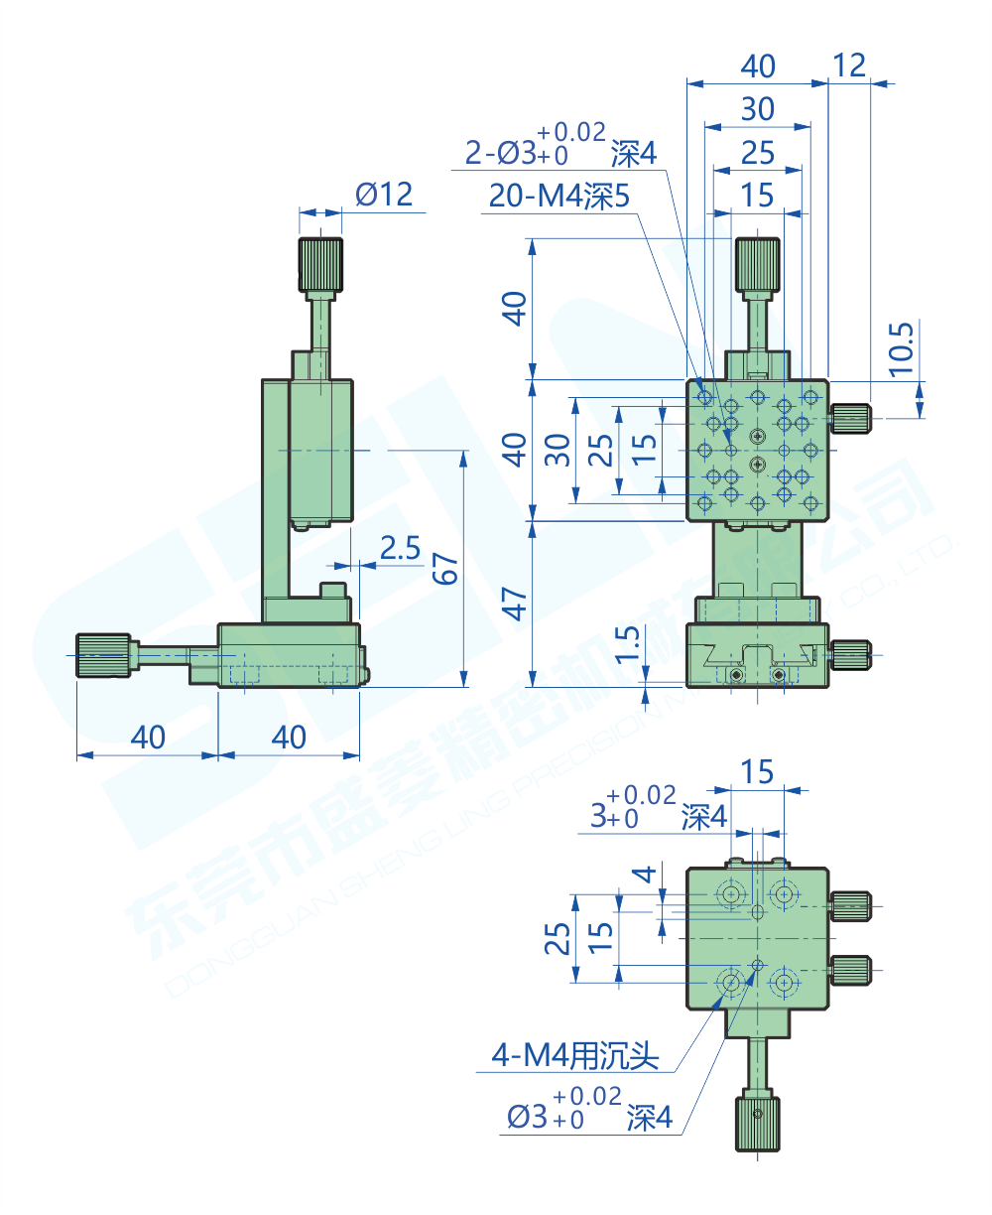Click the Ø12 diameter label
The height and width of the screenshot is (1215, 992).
point(383,194)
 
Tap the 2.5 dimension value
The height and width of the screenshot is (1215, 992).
point(400,548)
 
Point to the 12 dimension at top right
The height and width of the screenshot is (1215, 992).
point(849,66)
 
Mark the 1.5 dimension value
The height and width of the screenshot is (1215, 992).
point(627,646)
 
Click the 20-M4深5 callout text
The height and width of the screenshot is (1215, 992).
point(558,197)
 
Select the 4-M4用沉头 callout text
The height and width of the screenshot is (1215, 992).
point(575,1056)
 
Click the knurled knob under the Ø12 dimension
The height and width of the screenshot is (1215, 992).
point(320,264)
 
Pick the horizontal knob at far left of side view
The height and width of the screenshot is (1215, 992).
point(103,655)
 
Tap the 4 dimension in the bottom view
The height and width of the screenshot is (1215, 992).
point(645,875)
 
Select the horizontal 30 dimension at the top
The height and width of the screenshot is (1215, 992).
point(757,109)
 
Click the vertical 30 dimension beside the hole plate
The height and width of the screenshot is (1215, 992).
point(558,450)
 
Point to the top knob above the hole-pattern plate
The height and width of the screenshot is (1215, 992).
point(757,265)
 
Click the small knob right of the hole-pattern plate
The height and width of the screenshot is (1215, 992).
point(850,419)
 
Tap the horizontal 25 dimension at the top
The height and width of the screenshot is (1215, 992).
point(757,153)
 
